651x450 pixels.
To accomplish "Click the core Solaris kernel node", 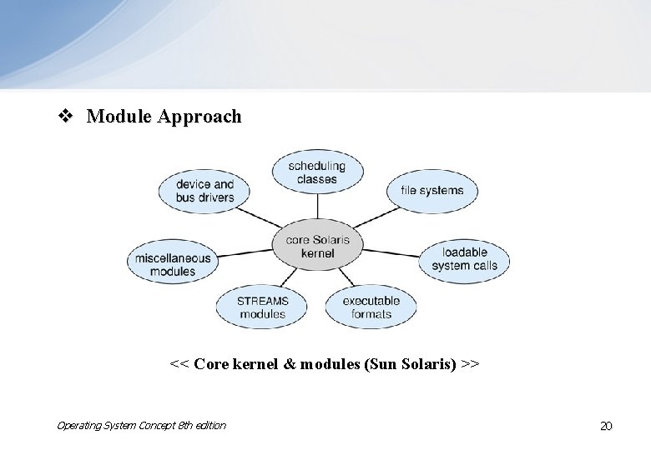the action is pos(316,247).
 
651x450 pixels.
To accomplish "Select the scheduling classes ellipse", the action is pos(317,172).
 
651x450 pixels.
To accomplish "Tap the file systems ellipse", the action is pos(431,190).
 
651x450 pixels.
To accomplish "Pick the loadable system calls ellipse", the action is pos(464,259).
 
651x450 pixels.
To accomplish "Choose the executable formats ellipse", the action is pos(371,307).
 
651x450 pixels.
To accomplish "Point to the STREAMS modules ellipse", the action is pos(262,307).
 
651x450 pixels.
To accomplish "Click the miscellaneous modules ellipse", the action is pos(173,264).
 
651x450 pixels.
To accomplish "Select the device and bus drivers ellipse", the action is pos(204,191).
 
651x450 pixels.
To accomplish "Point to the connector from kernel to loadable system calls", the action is pos(390,252).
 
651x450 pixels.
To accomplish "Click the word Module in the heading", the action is pos(117,117).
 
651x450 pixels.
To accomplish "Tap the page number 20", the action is pos(606,426).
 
